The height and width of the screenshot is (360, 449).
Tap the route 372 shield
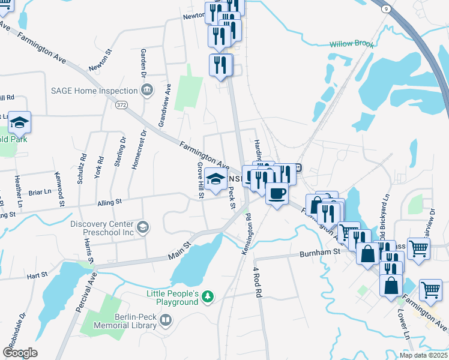pos(122,105)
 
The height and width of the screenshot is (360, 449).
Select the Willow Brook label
pos(351,44)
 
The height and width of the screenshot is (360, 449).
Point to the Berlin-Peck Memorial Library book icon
pos(164,322)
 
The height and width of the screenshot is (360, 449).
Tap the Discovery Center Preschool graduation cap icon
pos(143,227)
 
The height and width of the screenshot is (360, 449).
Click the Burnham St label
pos(320,253)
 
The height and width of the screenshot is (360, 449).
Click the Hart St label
pos(37,276)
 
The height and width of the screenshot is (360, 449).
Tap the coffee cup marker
pos(277,194)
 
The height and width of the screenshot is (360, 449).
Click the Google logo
pos(20,353)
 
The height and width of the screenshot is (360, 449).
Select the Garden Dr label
pos(143,63)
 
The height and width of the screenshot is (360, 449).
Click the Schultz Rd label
pos(82,165)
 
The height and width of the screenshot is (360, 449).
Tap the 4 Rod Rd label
pos(258,283)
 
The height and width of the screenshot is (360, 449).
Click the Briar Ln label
pos(40,193)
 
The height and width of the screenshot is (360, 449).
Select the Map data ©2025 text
pos(423,355)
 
